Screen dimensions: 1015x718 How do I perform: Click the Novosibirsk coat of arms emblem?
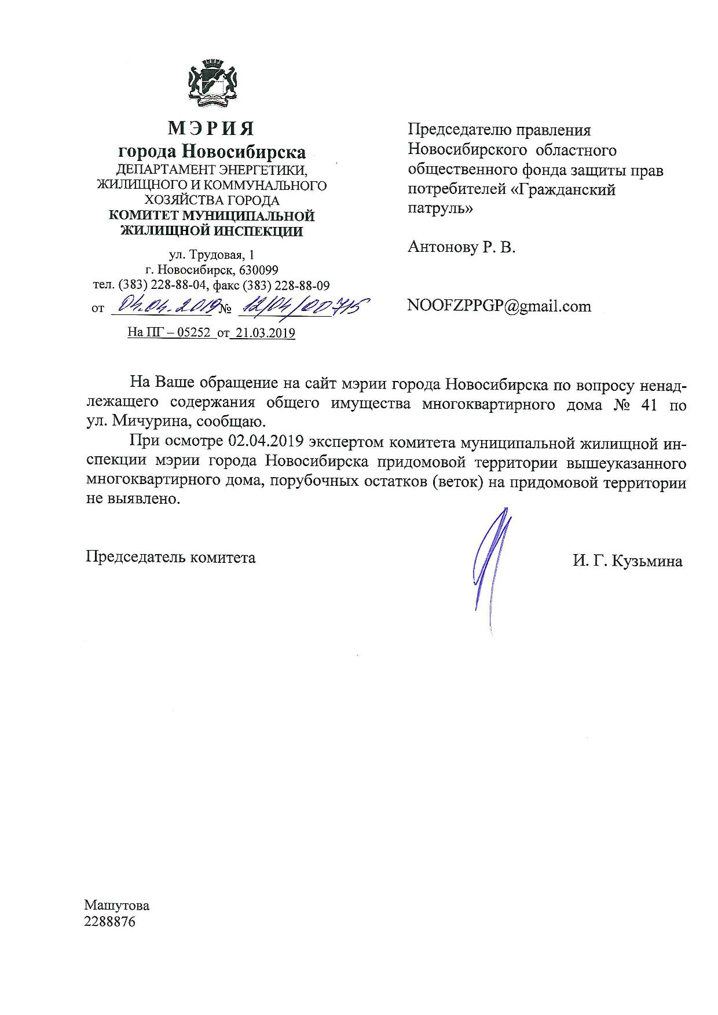click(x=211, y=85)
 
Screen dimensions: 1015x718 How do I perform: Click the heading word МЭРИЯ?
click(x=211, y=128)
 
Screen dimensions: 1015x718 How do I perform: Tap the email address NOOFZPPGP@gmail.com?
click(x=499, y=306)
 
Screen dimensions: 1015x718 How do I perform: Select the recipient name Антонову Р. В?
click(x=461, y=248)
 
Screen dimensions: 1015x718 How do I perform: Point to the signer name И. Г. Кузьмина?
click(x=628, y=561)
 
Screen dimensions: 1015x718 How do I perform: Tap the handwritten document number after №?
click(x=299, y=305)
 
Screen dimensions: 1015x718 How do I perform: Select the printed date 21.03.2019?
click(x=263, y=334)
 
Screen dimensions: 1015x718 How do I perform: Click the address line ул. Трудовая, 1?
click(x=211, y=255)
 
